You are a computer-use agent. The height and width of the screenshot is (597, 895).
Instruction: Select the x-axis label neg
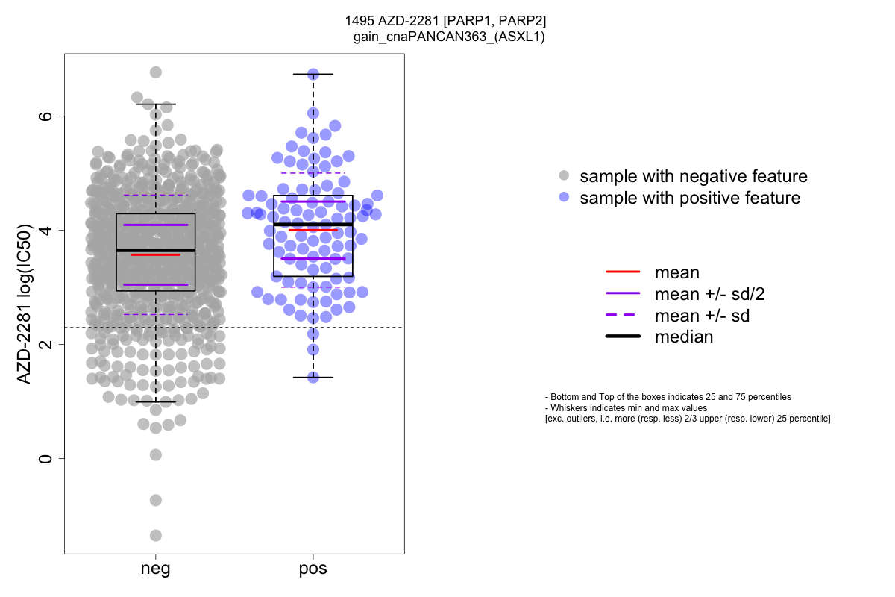click(x=155, y=569)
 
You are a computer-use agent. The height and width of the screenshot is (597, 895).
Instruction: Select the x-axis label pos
click(x=313, y=569)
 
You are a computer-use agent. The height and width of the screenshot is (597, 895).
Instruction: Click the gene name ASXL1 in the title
click(x=521, y=37)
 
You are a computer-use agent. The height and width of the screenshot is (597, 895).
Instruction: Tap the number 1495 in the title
click(x=359, y=21)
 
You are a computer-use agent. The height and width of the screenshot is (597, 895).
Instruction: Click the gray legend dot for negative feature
click(x=564, y=176)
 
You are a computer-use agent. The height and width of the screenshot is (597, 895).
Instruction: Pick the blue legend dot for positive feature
click(x=564, y=198)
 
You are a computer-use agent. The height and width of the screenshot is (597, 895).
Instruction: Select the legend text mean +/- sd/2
click(x=709, y=294)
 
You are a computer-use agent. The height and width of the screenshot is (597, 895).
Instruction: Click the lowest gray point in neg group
click(x=156, y=535)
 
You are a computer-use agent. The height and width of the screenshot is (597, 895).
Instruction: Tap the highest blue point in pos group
click(x=313, y=74)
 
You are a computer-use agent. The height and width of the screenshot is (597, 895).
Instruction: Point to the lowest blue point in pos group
click(x=313, y=377)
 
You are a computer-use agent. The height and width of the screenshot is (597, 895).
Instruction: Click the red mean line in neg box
click(x=156, y=254)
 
